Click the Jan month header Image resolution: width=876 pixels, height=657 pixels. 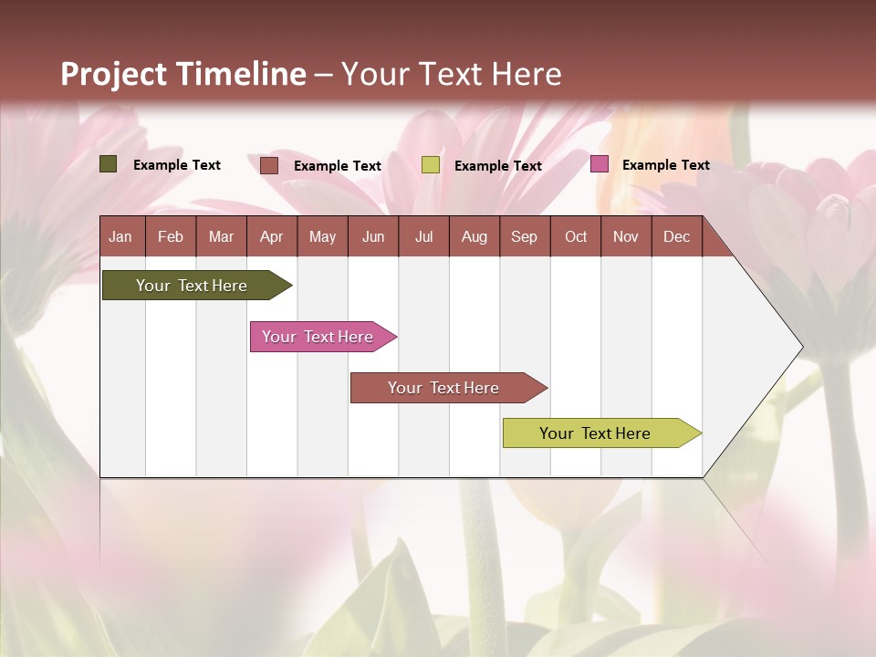pos(120,236)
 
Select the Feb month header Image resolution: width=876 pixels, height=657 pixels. pos(171,236)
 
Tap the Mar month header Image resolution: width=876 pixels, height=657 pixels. pos(221,236)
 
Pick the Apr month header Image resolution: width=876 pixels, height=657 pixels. pos(271,236)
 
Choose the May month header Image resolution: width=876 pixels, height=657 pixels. pos(322,236)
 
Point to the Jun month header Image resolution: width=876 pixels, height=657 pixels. pos(373,236)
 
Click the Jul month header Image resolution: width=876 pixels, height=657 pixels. pos(423,236)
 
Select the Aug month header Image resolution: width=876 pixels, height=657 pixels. pos(474,236)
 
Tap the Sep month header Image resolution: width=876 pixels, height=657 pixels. pos(524,236)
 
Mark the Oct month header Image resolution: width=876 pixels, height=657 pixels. pos(576,236)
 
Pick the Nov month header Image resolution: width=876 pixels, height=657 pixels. pos(626,236)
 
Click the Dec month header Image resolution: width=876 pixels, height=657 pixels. pos(677,236)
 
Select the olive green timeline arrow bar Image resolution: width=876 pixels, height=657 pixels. pos(192,286)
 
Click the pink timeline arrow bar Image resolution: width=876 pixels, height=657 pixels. pos(318,337)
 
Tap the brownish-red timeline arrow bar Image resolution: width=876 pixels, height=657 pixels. pos(443,388)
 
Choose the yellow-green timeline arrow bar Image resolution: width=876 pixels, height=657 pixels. pos(595,433)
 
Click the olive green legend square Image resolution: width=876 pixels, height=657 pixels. pos(109,164)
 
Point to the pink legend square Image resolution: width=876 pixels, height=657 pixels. pos(599,164)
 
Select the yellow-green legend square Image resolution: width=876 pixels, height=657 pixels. pos(431,165)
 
